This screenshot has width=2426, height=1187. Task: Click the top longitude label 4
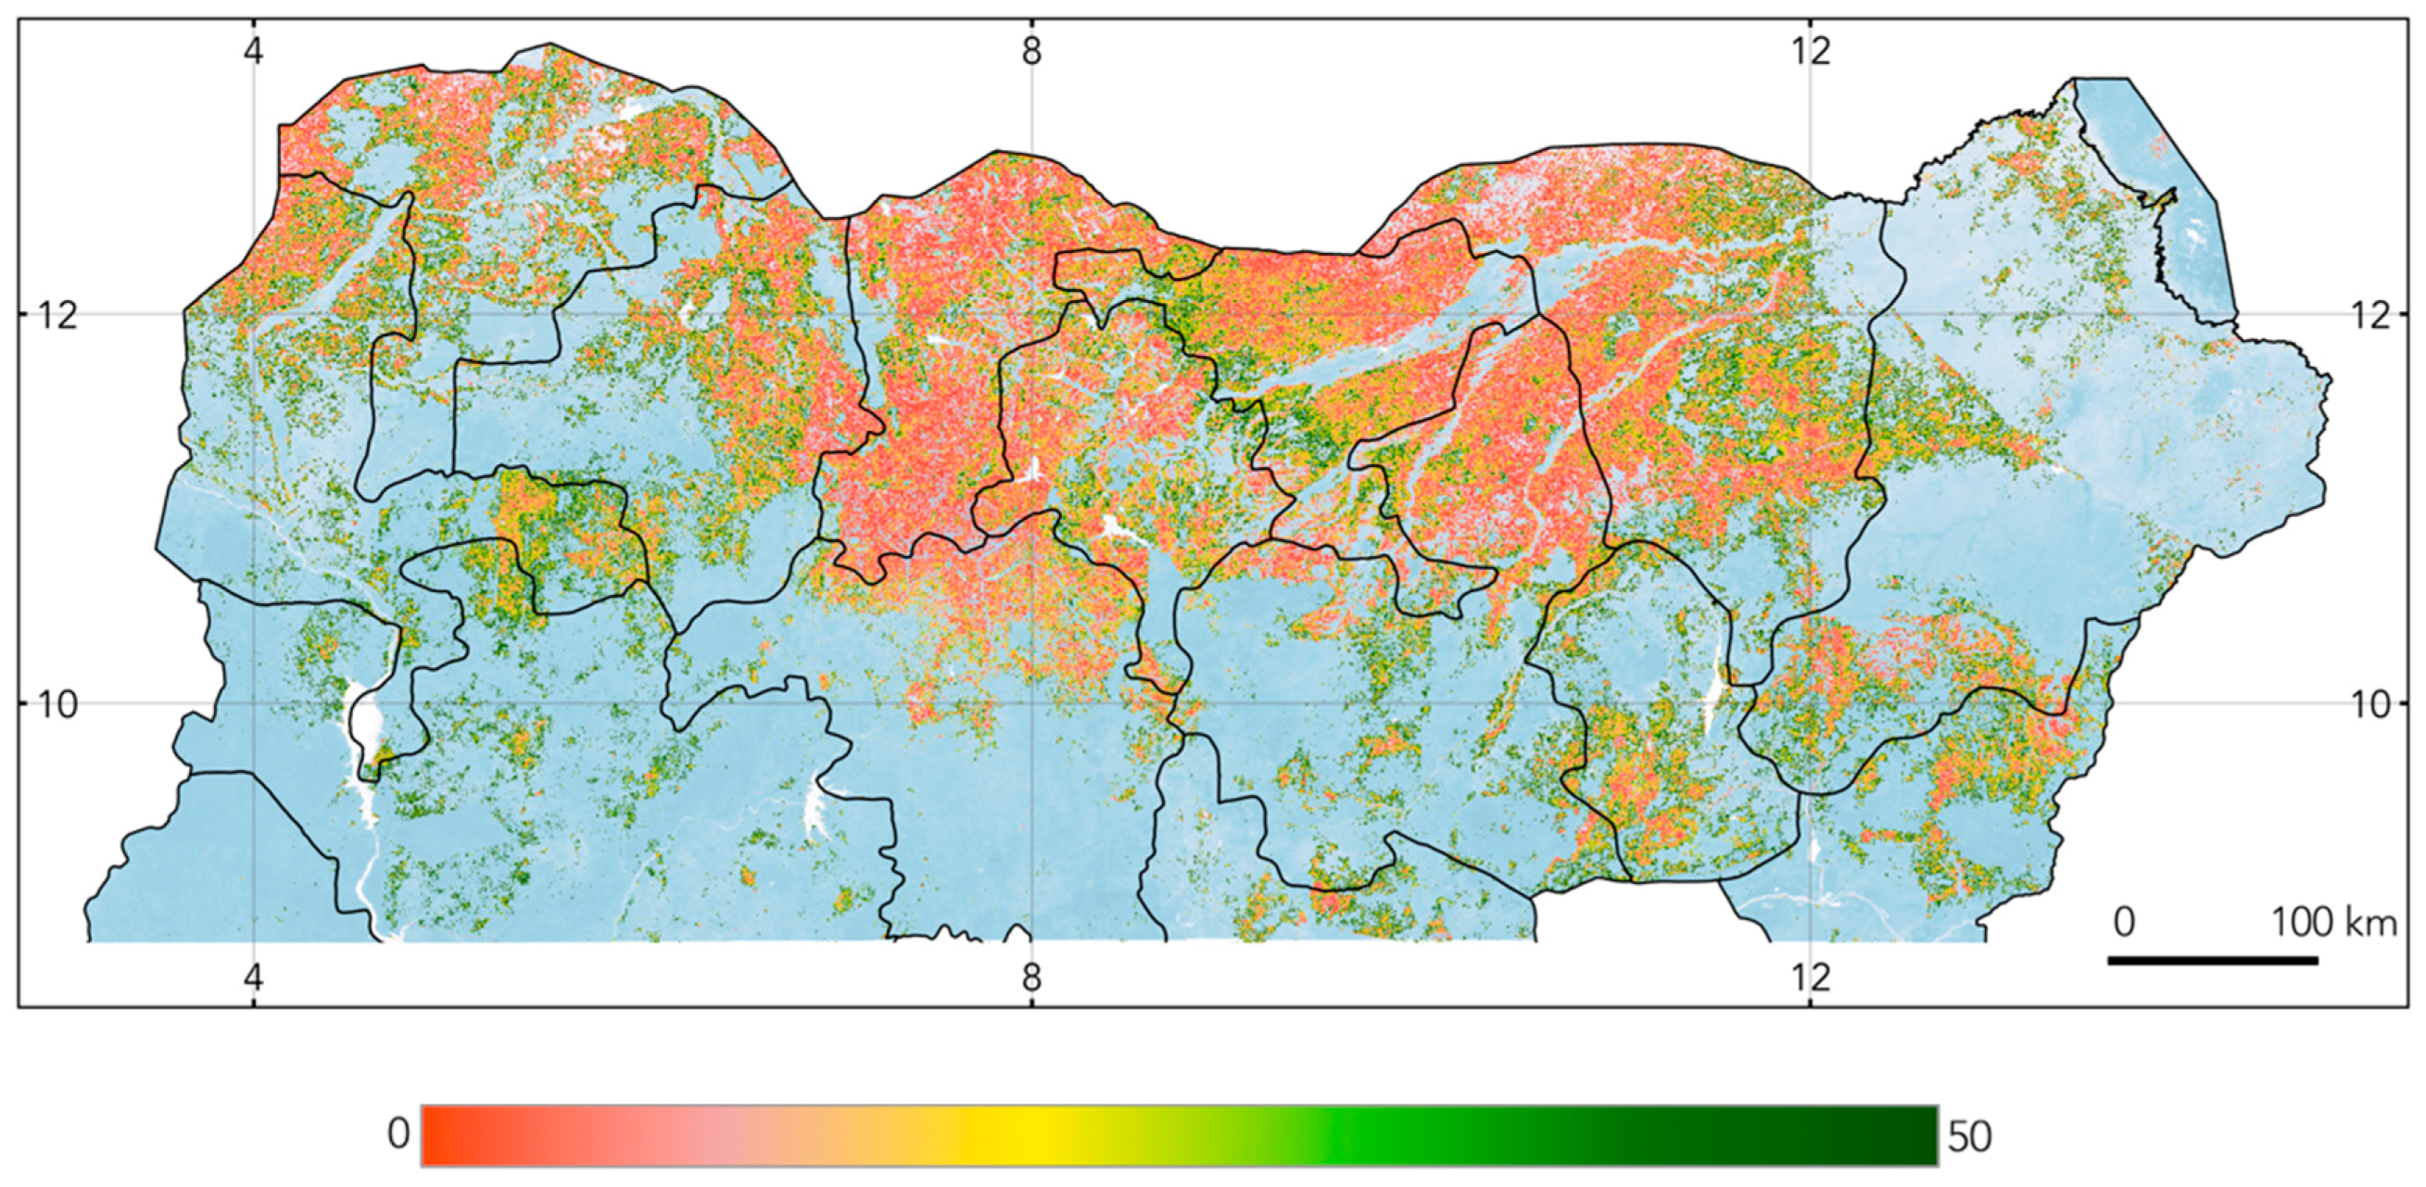tap(253, 50)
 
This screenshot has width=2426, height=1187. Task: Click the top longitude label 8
tap(1032, 50)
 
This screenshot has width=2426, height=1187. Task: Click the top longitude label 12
tap(1811, 50)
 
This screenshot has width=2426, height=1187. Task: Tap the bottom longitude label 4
tap(253, 977)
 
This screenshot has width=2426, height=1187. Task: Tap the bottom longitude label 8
tap(1032, 977)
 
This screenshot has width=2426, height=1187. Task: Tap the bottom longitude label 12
tap(1811, 977)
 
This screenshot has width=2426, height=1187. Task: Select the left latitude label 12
tap(57, 315)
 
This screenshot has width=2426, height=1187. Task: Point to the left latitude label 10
tap(57, 703)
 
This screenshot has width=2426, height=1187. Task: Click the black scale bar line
tap(2212, 960)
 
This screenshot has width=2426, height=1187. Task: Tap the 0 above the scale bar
tap(2124, 922)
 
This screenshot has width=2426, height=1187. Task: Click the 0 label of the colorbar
tap(398, 1134)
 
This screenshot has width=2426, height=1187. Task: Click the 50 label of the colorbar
tap(1969, 1137)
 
